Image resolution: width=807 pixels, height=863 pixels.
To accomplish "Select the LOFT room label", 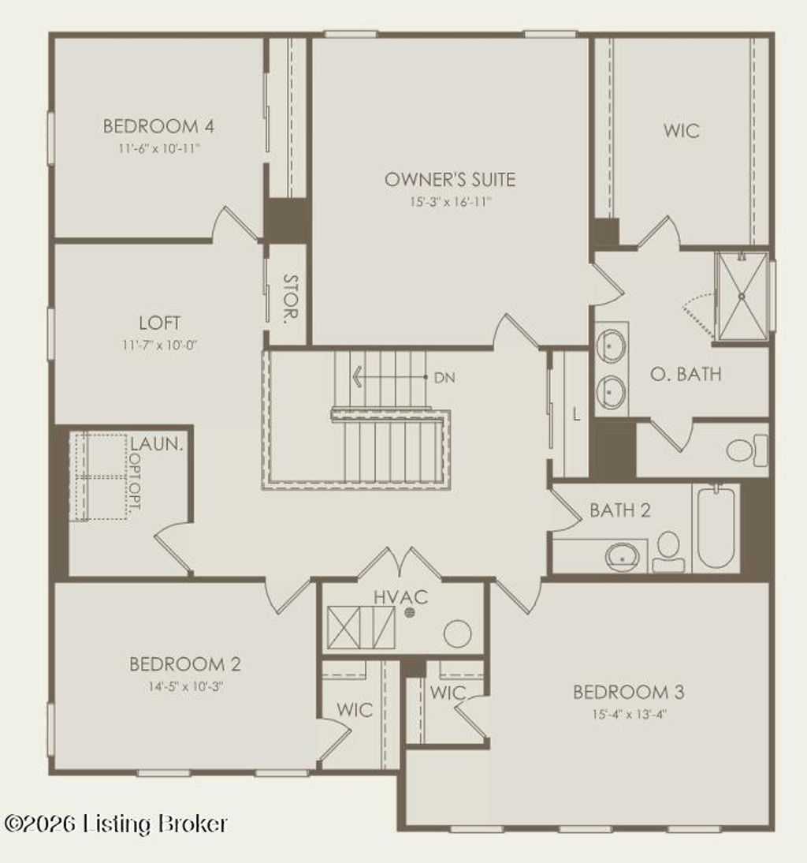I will pyautogui.click(x=160, y=323).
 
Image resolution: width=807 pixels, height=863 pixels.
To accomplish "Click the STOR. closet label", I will pyautogui.click(x=289, y=300).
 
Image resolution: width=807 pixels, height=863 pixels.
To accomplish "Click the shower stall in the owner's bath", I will pyautogui.click(x=741, y=297).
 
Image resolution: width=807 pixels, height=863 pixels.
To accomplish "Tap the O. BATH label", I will pyautogui.click(x=685, y=374).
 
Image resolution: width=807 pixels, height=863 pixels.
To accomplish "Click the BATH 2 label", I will pyautogui.click(x=619, y=510).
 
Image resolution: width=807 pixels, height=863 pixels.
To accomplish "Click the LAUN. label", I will pyautogui.click(x=157, y=444).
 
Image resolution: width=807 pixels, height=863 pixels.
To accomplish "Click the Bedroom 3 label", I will pyautogui.click(x=628, y=693).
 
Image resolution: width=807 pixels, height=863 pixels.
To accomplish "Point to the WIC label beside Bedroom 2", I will pyautogui.click(x=355, y=710).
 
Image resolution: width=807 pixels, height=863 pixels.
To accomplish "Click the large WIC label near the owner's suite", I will pyautogui.click(x=681, y=131).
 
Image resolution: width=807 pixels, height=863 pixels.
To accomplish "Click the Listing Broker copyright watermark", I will pyautogui.click(x=116, y=824).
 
